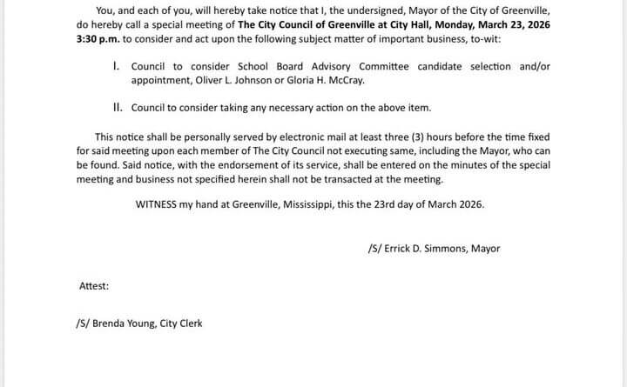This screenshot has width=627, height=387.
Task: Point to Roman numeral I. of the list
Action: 117,66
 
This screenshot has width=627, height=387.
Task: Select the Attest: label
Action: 93,285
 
